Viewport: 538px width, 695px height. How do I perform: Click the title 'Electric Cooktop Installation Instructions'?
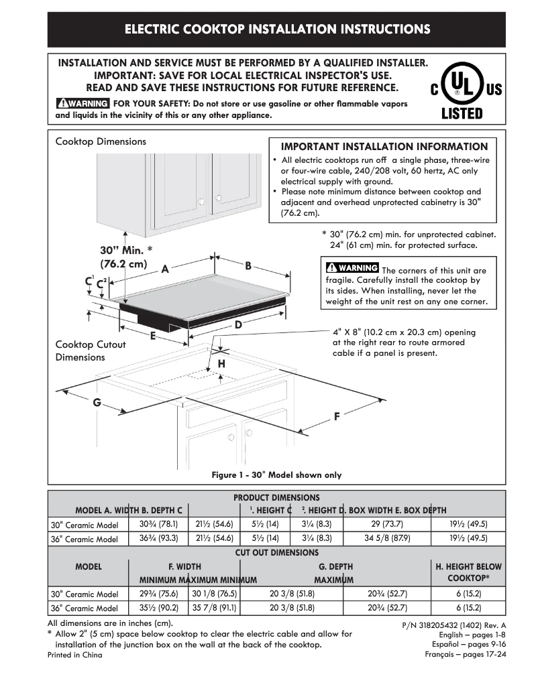click(x=277, y=29)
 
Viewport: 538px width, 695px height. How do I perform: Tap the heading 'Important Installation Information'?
click(x=384, y=146)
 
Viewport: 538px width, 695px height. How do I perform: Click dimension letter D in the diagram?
click(x=237, y=324)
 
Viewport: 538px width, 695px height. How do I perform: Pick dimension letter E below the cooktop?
click(x=153, y=335)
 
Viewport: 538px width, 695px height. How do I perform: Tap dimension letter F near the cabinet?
click(x=337, y=416)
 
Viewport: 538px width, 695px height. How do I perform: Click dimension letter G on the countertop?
click(x=97, y=402)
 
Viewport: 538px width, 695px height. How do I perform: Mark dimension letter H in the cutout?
click(x=221, y=363)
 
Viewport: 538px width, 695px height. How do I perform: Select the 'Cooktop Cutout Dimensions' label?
click(x=80, y=351)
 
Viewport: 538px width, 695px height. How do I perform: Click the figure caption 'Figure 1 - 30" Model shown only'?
click(x=276, y=475)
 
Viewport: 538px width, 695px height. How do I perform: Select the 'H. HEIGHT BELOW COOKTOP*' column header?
click(x=468, y=572)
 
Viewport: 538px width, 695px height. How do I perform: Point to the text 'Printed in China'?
click(x=75, y=655)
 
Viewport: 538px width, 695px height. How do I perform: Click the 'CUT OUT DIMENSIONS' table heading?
click(x=276, y=553)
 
